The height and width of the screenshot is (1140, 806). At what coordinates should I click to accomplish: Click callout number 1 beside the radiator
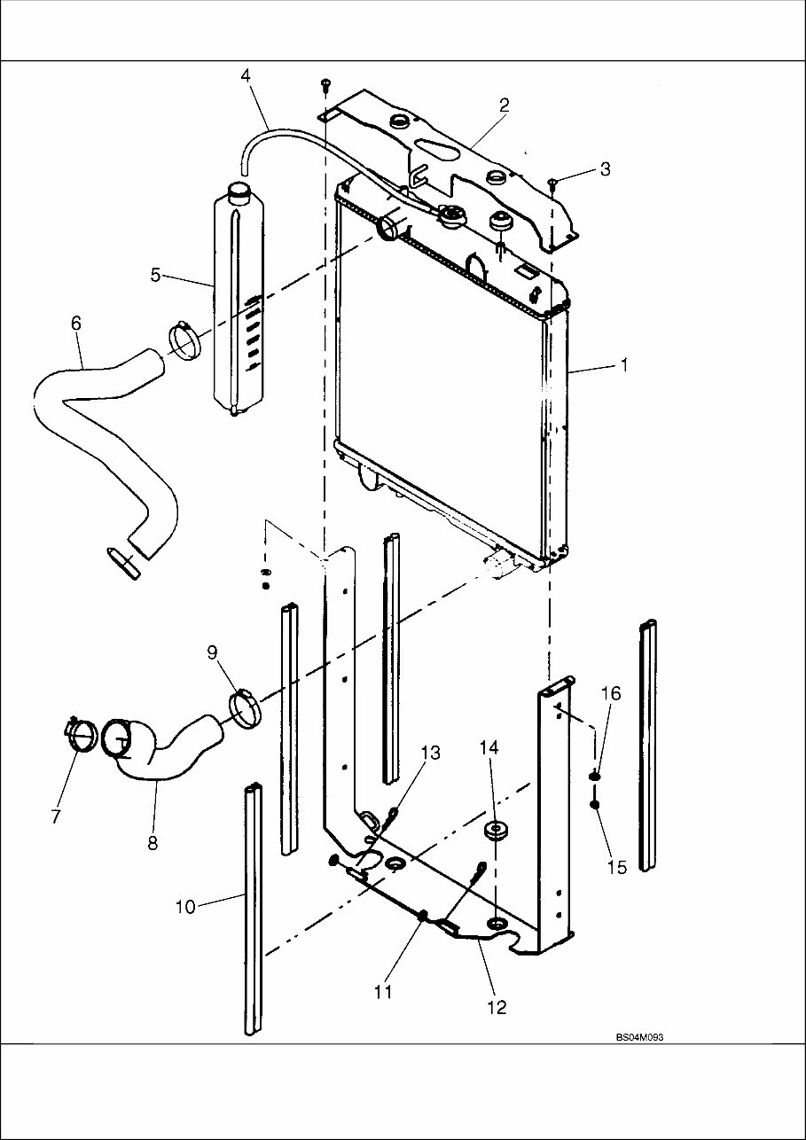(624, 365)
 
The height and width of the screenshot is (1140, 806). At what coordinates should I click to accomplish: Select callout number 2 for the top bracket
(504, 105)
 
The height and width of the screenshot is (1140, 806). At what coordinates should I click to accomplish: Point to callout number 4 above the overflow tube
(246, 75)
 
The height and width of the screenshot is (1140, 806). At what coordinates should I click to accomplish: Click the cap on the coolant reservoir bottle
(239, 191)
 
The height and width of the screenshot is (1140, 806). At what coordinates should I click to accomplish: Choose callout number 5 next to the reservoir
(155, 275)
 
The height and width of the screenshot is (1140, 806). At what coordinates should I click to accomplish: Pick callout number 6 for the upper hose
(75, 324)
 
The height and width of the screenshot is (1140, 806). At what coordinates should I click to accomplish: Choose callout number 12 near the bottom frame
(497, 1007)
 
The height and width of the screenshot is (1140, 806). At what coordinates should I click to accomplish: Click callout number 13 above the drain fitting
(430, 753)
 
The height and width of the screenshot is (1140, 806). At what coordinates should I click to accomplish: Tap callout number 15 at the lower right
(618, 866)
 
